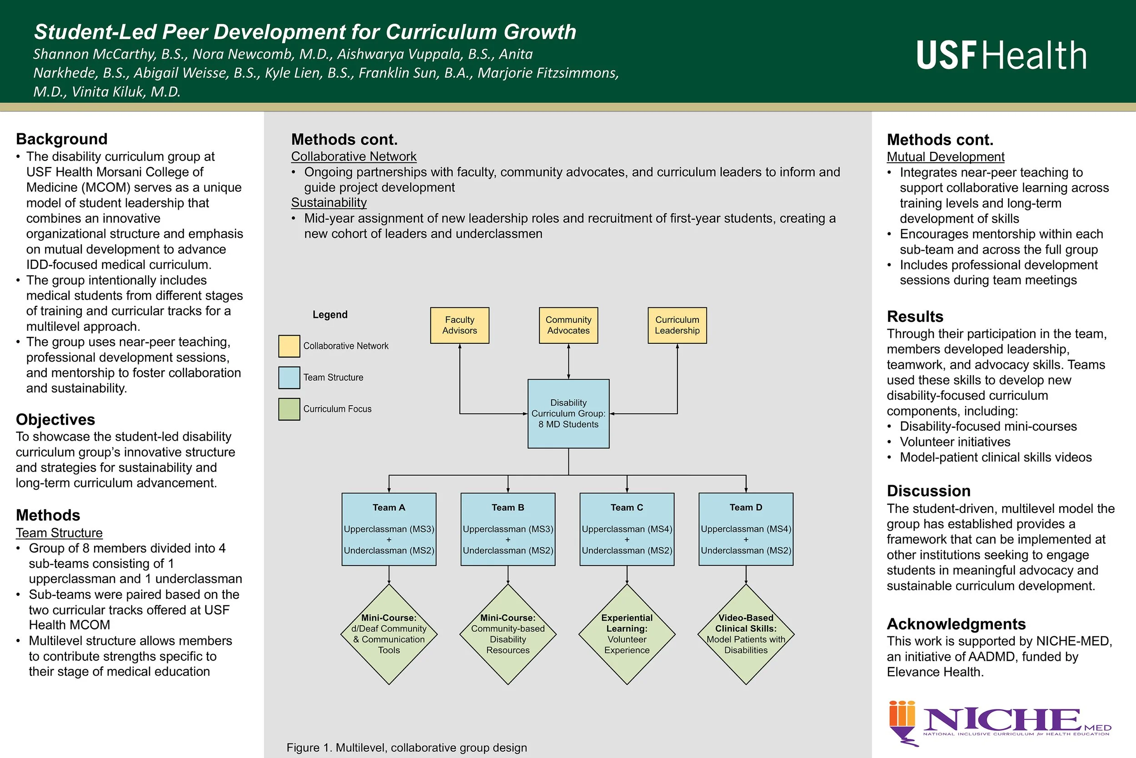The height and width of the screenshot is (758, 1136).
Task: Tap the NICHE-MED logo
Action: click(x=1000, y=721)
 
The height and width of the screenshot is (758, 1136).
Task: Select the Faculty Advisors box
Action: click(x=459, y=325)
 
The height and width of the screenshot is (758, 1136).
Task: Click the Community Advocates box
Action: click(x=568, y=325)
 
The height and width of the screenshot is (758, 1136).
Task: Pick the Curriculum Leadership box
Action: click(x=677, y=325)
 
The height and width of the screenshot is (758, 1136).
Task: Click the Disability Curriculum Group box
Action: click(x=568, y=413)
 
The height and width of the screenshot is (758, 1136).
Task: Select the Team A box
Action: click(x=389, y=529)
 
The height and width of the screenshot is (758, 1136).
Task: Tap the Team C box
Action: click(x=627, y=529)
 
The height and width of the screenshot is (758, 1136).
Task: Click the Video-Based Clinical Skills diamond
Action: click(x=746, y=634)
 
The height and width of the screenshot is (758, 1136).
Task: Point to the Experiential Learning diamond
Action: click(x=627, y=634)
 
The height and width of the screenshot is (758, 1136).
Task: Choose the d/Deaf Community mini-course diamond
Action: click(x=389, y=634)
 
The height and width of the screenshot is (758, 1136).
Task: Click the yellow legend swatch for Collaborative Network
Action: click(x=289, y=346)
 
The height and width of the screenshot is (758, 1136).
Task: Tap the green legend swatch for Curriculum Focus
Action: click(x=289, y=409)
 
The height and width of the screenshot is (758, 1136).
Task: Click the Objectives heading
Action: click(x=55, y=419)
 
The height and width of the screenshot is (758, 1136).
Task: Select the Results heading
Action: click(x=915, y=316)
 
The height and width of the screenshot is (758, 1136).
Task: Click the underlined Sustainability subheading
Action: click(x=329, y=202)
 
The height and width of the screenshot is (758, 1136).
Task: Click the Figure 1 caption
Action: click(x=407, y=748)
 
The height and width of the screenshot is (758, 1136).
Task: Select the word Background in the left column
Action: click(x=62, y=139)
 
